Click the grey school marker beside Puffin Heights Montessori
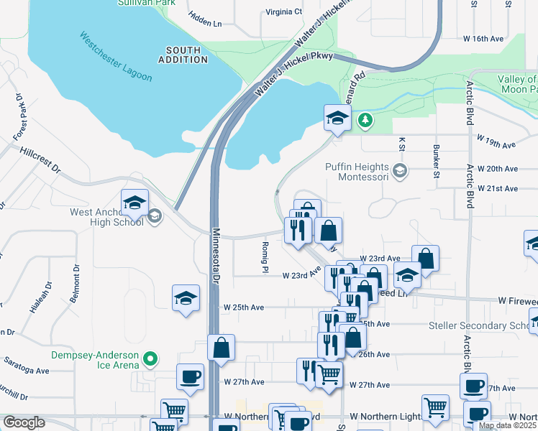(401, 170)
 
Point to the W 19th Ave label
(496, 144)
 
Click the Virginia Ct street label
(284, 11)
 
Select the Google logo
(24, 422)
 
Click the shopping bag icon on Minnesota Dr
(221, 348)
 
